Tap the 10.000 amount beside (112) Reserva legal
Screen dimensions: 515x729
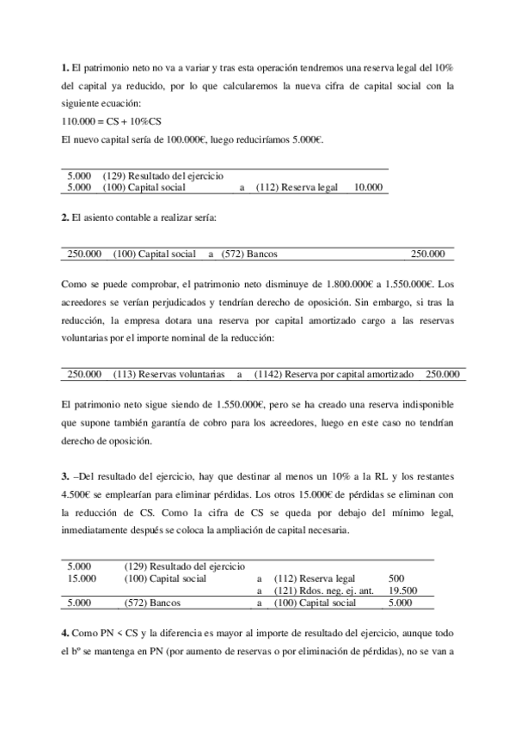pyautogui.click(x=368, y=186)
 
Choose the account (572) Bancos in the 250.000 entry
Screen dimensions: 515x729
pyautogui.click(x=249, y=254)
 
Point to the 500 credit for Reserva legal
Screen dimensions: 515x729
pyautogui.click(x=397, y=579)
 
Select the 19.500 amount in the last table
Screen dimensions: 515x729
pyautogui.click(x=402, y=591)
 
